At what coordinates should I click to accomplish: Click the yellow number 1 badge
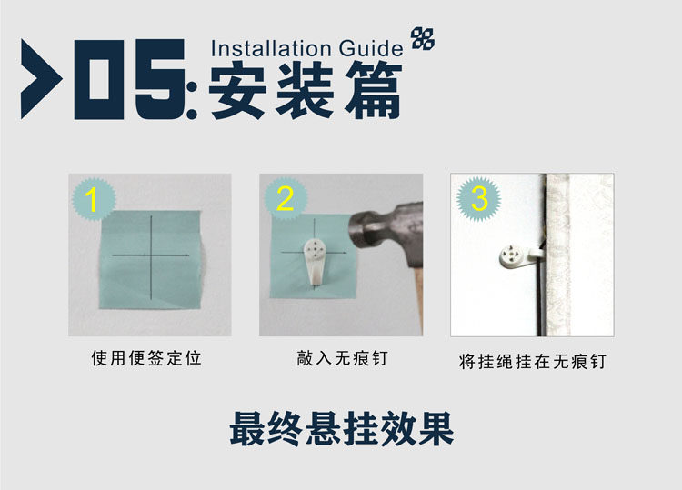point(94,199)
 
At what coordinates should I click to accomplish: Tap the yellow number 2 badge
point(286,199)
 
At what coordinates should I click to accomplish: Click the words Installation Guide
point(307,48)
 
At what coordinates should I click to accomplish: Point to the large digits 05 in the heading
point(130,79)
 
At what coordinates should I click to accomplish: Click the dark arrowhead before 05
point(41,79)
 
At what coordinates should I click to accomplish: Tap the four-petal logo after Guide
point(423,38)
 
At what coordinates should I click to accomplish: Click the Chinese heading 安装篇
point(306,90)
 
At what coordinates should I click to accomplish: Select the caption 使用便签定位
point(146,358)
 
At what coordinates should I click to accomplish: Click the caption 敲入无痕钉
point(342,358)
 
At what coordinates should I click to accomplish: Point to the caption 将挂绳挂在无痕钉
point(532,361)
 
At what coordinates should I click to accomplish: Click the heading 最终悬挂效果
point(342,429)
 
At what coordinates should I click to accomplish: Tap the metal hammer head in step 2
point(386,235)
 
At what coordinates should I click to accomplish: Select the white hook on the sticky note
point(314,261)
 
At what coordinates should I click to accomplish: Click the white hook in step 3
point(521,255)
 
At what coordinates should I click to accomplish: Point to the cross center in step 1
point(151,255)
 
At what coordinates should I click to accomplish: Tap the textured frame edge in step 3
point(557,255)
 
